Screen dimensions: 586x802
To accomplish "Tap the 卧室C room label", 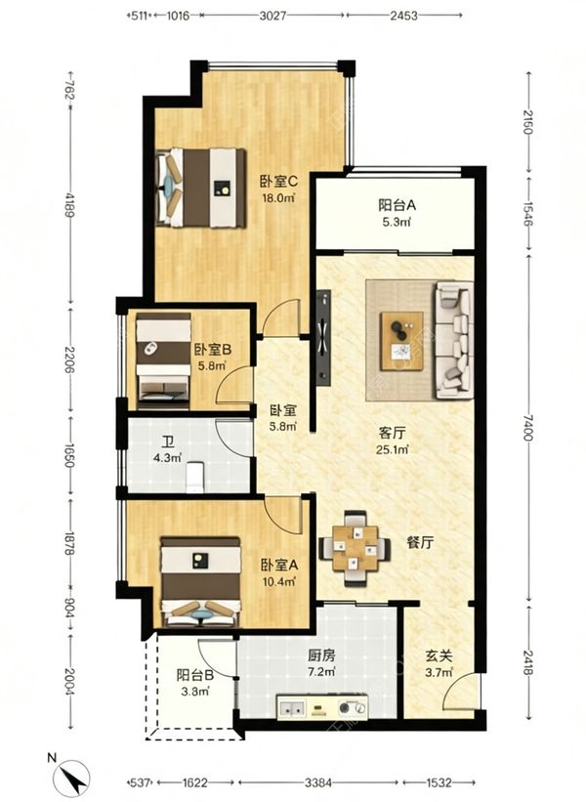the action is point(278,181).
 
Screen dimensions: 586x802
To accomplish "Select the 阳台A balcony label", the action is point(398,205).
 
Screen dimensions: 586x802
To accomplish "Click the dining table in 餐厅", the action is point(355,549).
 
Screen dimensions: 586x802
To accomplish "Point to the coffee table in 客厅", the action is point(402,341).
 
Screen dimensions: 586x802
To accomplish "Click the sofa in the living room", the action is point(452,340).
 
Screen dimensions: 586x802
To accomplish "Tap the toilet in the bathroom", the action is point(195,478).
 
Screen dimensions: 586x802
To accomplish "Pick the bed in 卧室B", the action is point(163,361).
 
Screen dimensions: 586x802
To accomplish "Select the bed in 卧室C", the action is point(200,188).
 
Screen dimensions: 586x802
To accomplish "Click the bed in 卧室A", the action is point(201,581).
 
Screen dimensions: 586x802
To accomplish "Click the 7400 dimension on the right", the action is point(528,428).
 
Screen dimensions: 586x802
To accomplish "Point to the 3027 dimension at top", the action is point(272,16).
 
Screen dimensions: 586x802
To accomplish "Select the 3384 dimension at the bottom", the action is point(318,782).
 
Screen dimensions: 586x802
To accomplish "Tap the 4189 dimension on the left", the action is point(69,203).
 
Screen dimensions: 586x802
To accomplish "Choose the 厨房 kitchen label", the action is point(321,654).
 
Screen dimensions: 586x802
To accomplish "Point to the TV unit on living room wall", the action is point(323,338).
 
